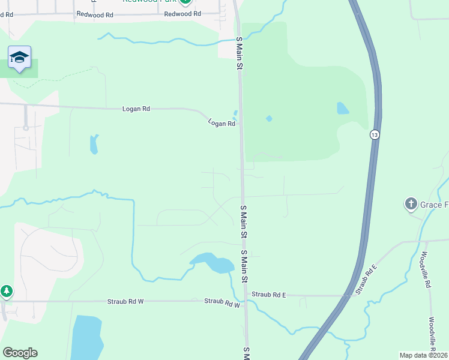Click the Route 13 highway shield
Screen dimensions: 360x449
click(375, 136)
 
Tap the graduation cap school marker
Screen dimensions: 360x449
click(19, 57)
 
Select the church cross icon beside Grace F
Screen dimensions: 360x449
click(411, 205)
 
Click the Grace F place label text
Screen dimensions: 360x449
click(434, 205)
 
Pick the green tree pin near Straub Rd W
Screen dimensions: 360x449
click(6, 292)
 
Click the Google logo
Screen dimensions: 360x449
click(20, 353)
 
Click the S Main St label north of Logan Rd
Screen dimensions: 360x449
click(239, 53)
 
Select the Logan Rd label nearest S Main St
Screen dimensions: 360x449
click(221, 123)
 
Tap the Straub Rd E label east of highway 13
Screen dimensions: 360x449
click(365, 280)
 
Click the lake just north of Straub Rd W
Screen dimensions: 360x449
click(212, 263)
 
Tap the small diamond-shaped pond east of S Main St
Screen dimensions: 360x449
click(269, 118)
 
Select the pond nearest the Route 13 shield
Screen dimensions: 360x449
click(343, 109)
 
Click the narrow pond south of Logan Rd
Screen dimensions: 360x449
click(93, 144)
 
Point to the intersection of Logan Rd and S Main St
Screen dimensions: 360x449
click(240, 124)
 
